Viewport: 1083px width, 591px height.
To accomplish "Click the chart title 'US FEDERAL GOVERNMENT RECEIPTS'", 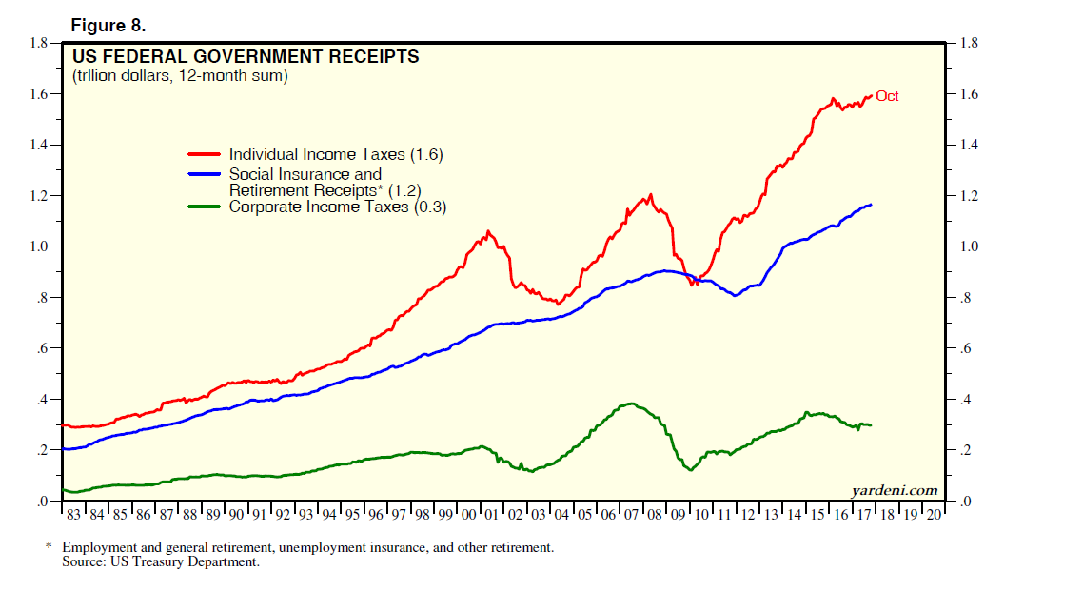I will coord(246,57).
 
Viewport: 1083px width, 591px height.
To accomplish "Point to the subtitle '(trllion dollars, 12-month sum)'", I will coord(180,75).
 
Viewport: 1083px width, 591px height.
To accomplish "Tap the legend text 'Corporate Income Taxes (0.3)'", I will coord(338,207).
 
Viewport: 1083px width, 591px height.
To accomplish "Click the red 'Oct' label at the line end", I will coord(887,96).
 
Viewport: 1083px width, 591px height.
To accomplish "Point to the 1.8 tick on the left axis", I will coord(39,44).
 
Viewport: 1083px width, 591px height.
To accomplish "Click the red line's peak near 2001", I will coord(488,230).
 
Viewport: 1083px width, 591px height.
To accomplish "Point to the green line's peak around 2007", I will coord(629,404).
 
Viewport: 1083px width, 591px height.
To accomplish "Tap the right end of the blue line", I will coord(871,205).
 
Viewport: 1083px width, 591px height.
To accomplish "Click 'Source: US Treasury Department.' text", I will coord(161,561).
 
